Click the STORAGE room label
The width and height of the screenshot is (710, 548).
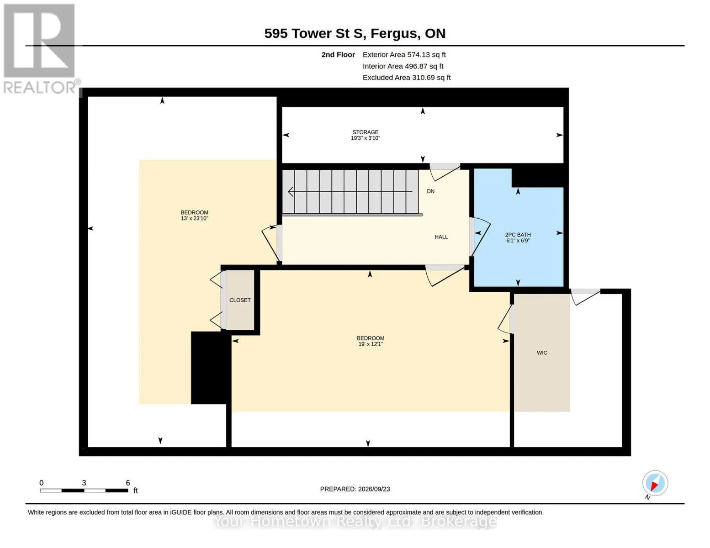(x=366, y=132)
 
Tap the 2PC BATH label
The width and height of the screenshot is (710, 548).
(x=518, y=234)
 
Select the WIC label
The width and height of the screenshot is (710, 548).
(x=542, y=353)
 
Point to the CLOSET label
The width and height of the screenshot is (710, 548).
(x=240, y=300)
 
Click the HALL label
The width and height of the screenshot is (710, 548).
(x=441, y=237)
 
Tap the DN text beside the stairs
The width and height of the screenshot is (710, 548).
(x=431, y=191)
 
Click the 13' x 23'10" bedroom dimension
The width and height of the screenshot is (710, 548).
(x=195, y=218)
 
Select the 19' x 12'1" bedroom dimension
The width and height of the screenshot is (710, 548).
(x=371, y=344)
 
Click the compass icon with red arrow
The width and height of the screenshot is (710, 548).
(x=655, y=483)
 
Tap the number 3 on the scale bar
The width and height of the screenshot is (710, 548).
(x=84, y=483)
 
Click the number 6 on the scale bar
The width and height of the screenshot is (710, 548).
(x=128, y=483)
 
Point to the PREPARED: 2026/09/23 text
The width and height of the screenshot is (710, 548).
(x=355, y=489)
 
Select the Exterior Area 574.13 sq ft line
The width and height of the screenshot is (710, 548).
(x=404, y=55)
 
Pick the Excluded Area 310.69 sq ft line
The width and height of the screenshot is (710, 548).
(x=407, y=78)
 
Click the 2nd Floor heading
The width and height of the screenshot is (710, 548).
(x=338, y=55)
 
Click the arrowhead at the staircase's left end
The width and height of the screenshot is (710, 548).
(x=290, y=192)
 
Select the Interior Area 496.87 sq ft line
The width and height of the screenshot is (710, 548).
(x=403, y=66)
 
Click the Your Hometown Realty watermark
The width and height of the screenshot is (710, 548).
(x=355, y=522)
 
